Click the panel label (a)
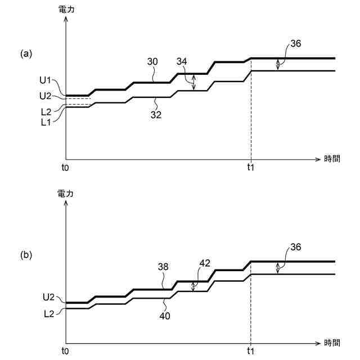point(26,54)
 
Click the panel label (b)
point(26,255)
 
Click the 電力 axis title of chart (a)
point(66,9)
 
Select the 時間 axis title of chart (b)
point(332,343)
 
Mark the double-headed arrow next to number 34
point(193,83)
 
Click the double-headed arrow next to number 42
point(193,286)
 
